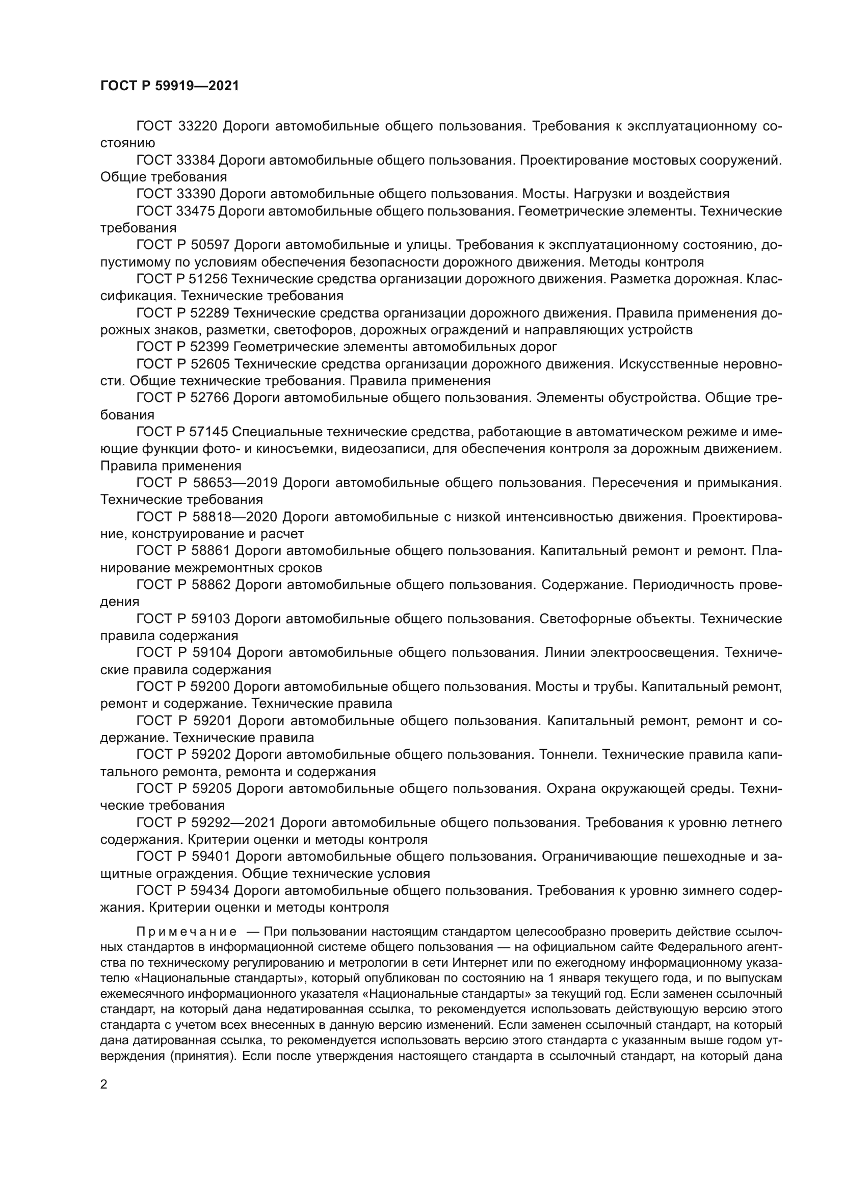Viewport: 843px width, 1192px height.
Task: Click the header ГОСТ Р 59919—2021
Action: pyautogui.click(x=170, y=86)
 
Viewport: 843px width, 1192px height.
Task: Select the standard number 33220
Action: pyautogui.click(x=197, y=126)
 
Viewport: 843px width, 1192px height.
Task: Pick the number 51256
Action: pyautogui.click(x=206, y=279)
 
